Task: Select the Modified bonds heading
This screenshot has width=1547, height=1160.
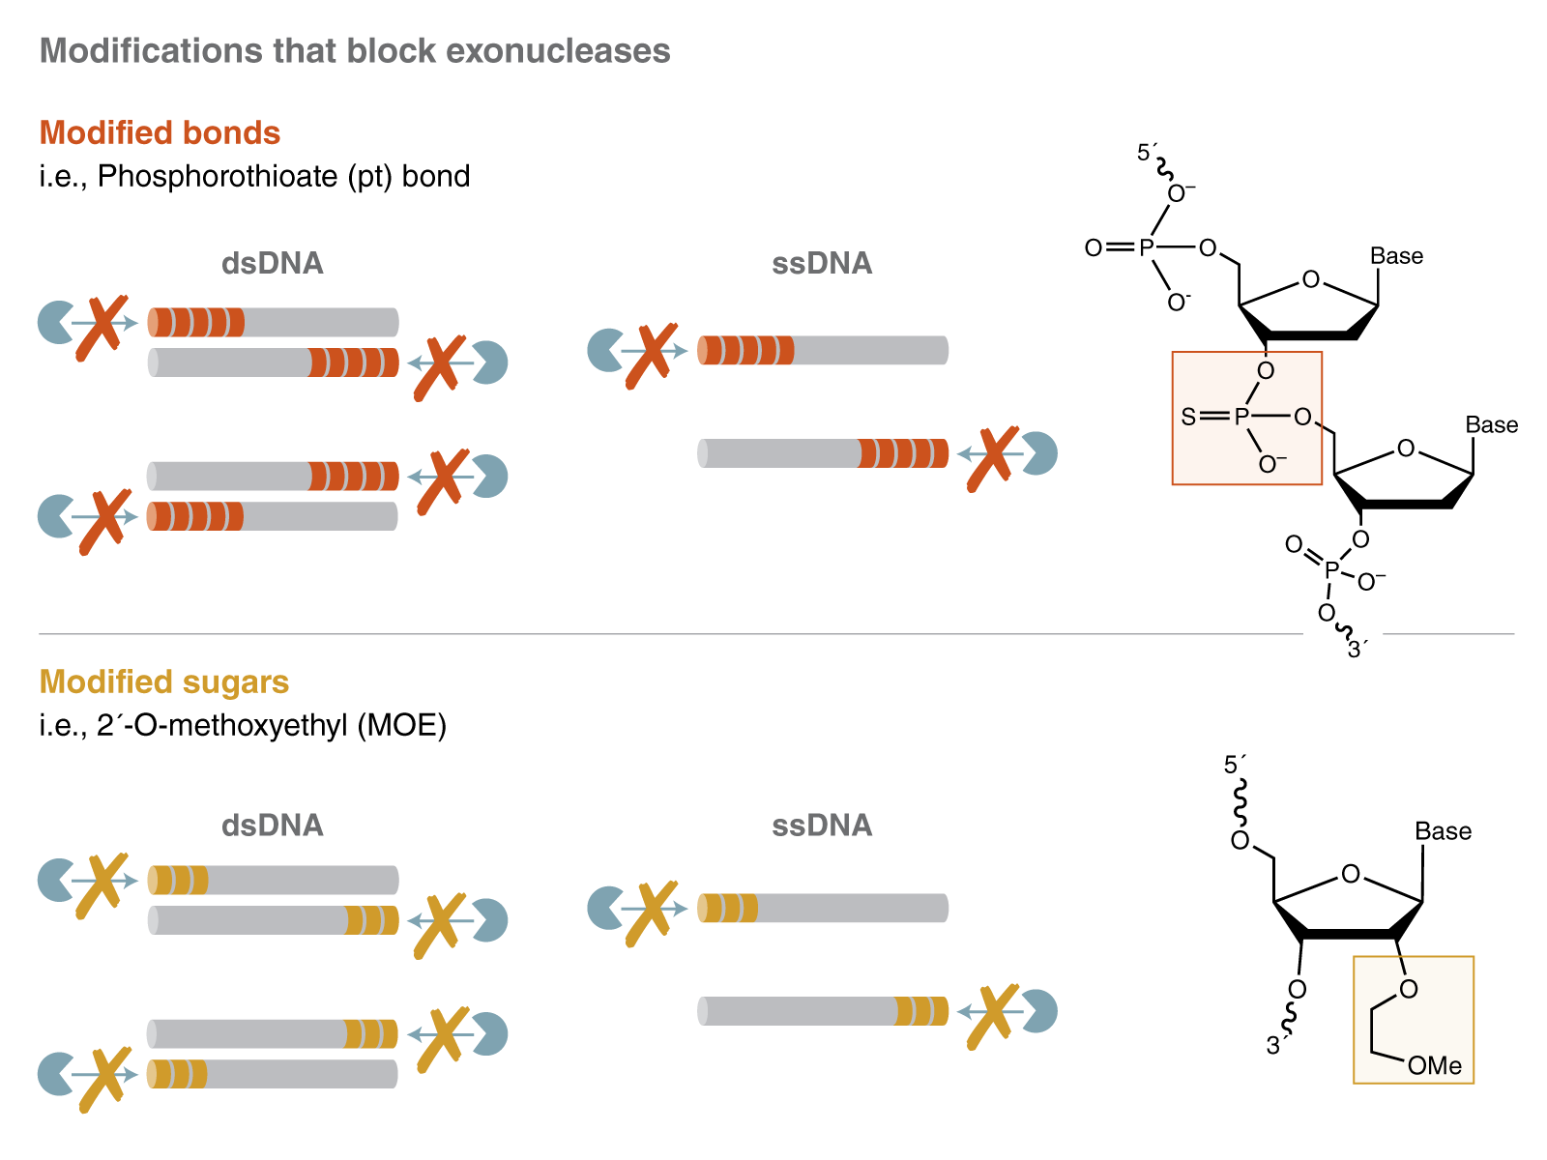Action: click(x=160, y=132)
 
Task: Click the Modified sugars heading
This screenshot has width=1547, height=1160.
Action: click(x=163, y=681)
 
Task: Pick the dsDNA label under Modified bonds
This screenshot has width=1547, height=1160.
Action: click(x=272, y=263)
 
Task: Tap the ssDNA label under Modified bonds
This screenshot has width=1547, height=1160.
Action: click(x=822, y=263)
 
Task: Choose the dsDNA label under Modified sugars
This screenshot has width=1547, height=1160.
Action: click(x=272, y=825)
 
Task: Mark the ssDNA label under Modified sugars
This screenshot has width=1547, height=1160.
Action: click(x=822, y=825)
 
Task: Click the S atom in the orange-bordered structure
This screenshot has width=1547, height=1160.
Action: click(x=1188, y=417)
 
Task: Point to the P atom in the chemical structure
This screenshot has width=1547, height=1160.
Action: click(x=1241, y=417)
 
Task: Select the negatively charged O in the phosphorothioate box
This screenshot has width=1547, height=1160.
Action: click(x=1270, y=465)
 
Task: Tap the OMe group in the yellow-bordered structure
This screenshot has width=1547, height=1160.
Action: click(x=1435, y=1065)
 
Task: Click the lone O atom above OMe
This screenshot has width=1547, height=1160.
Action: click(x=1409, y=989)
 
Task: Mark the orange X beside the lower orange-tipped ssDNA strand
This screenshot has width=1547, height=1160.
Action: click(x=993, y=457)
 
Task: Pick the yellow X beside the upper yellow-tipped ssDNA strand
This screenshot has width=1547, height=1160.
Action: click(x=651, y=913)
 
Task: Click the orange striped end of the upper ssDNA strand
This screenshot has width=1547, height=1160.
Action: click(x=744, y=350)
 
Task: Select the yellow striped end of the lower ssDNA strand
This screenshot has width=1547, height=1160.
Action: click(x=921, y=1011)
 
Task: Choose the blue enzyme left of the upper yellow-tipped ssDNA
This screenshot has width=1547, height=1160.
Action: click(x=605, y=909)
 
